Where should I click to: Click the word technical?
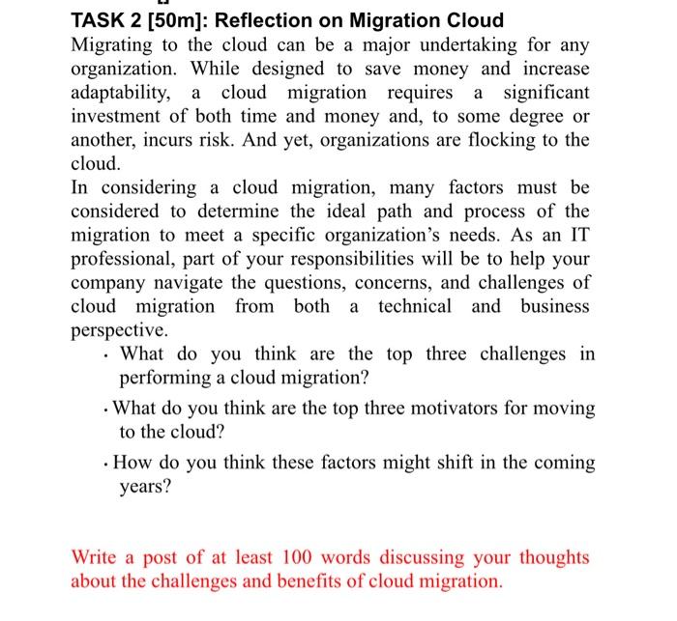tap(414, 305)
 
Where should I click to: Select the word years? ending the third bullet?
tap(145, 486)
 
